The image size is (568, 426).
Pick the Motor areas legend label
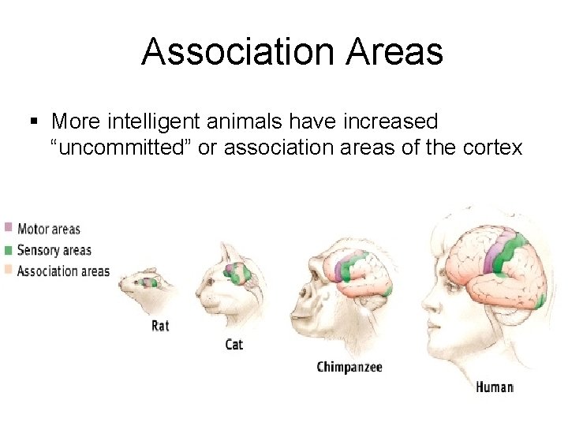coord(48,230)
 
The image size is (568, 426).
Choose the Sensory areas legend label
coord(54,250)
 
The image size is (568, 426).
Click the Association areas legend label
coord(62,271)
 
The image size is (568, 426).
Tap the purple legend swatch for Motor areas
coord(8,228)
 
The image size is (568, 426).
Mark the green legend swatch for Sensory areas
coord(8,249)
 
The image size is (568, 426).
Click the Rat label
coord(160,325)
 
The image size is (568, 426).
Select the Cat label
coord(234,345)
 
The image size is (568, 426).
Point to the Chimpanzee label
coord(349,367)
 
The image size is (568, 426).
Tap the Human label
coord(495,387)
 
